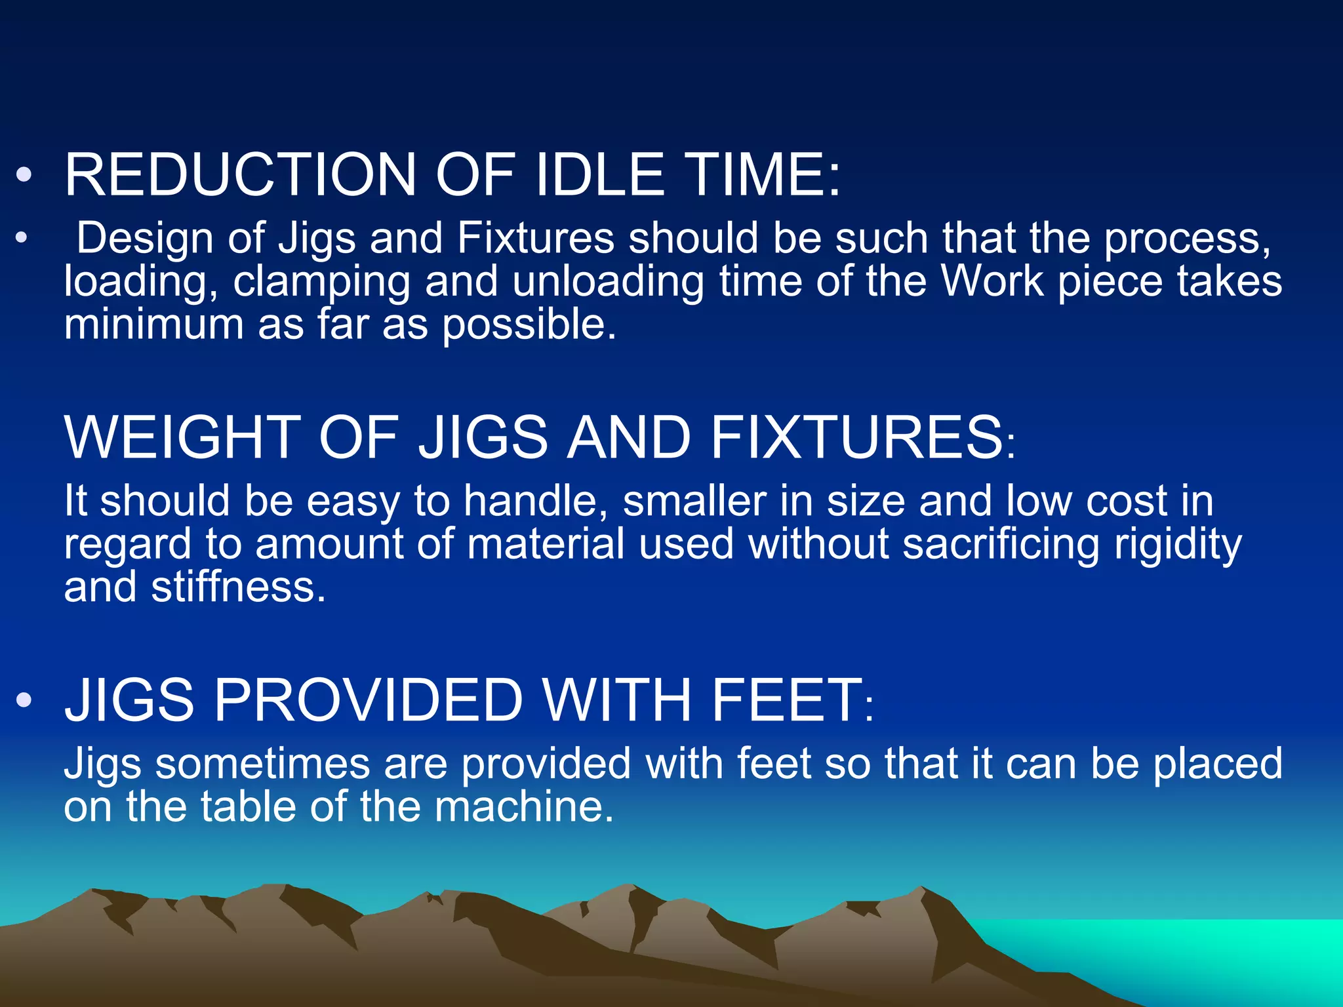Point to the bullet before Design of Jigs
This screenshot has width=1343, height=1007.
click(x=22, y=238)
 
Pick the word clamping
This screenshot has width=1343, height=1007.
click(x=321, y=282)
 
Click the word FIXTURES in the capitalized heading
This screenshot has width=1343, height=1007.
click(x=856, y=437)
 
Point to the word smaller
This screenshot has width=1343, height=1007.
click(x=694, y=501)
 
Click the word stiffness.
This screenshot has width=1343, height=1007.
click(x=238, y=587)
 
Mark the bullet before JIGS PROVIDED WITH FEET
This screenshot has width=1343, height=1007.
click(x=24, y=700)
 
